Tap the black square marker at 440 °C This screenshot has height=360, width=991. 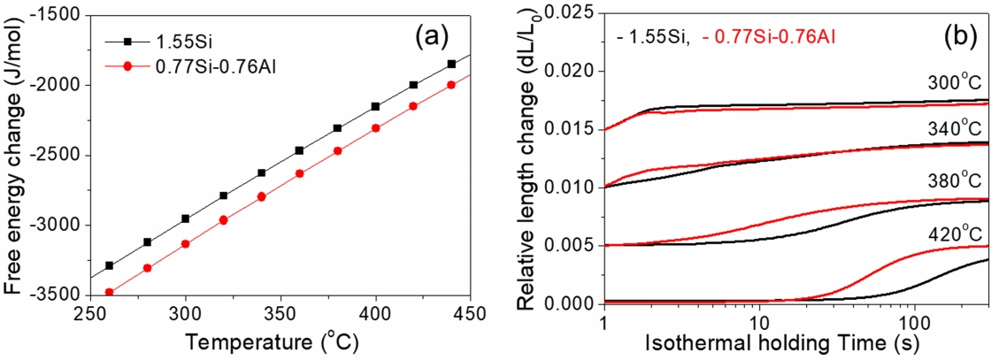point(451,64)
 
